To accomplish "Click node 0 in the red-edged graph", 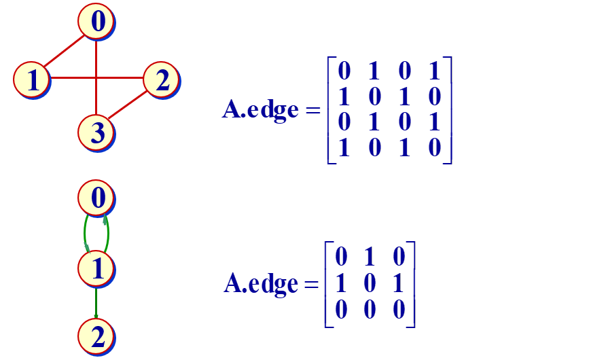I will (x=96, y=22).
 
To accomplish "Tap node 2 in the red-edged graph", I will (x=161, y=79).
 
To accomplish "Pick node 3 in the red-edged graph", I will (x=96, y=131).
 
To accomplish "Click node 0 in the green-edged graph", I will (x=96, y=199).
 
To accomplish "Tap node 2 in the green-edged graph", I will (x=96, y=336).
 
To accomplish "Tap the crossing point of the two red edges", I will (x=96, y=78).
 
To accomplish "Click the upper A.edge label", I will (x=260, y=109).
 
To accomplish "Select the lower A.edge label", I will (x=261, y=283).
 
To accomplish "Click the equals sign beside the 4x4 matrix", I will (x=313, y=110).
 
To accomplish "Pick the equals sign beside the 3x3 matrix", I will (x=312, y=284).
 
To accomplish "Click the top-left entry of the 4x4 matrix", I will (x=344, y=70).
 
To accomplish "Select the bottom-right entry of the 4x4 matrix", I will (x=435, y=147).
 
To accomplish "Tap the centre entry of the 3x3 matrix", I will (x=370, y=283).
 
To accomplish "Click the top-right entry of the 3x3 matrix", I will (x=399, y=257).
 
